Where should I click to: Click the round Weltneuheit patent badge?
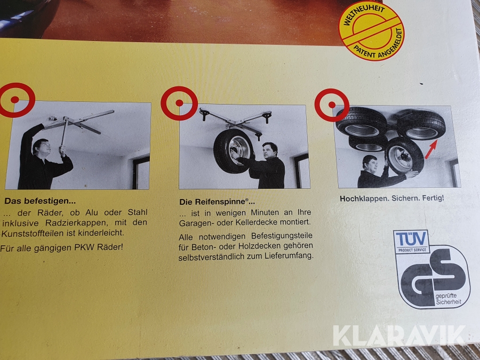coord(371,30)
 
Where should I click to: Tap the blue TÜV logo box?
coord(411,242)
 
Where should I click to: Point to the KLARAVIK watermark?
coord(399,336)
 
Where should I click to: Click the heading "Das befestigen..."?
coord(40,201)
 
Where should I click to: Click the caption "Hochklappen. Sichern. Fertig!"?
coord(392,198)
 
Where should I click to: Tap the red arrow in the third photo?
coord(431,149)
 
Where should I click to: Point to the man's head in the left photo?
coord(41,147)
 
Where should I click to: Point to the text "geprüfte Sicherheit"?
coord(448,299)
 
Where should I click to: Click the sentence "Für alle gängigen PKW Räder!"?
coord(61,247)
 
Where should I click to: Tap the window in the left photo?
coord(141,173)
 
